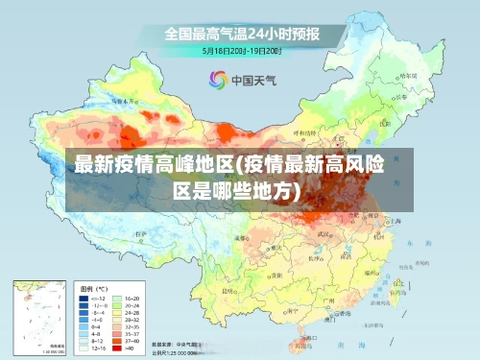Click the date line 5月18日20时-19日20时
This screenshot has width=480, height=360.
tap(241, 49)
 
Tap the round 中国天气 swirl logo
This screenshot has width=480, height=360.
tap(218, 81)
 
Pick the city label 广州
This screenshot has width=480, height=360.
tap(327, 300)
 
